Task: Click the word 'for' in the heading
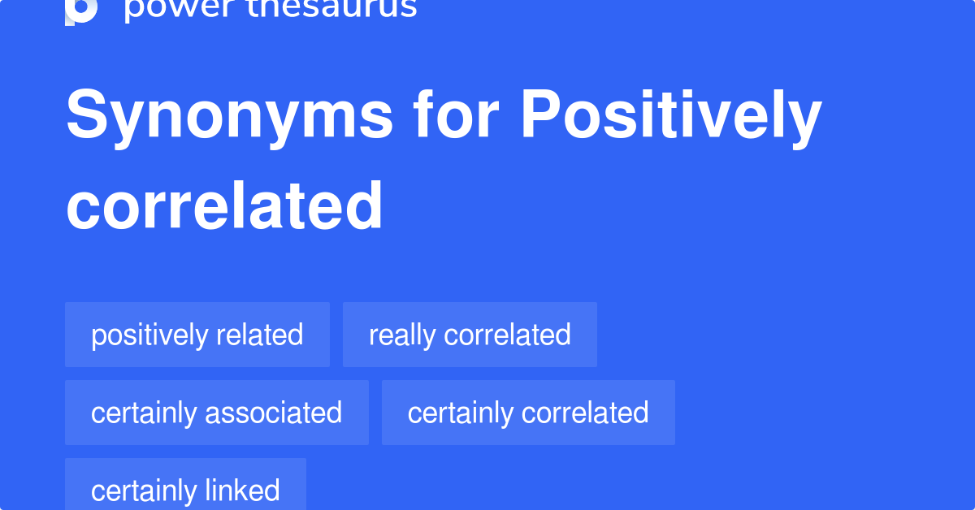tap(455, 115)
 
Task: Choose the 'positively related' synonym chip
tap(197, 335)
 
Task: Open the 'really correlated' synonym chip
tap(470, 335)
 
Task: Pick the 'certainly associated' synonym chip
tap(216, 413)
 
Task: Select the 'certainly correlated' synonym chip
tap(528, 413)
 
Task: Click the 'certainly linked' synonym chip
tap(185, 487)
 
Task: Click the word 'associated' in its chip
tap(273, 413)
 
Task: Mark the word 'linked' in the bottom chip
tap(242, 490)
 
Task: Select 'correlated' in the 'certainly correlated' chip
tap(585, 413)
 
